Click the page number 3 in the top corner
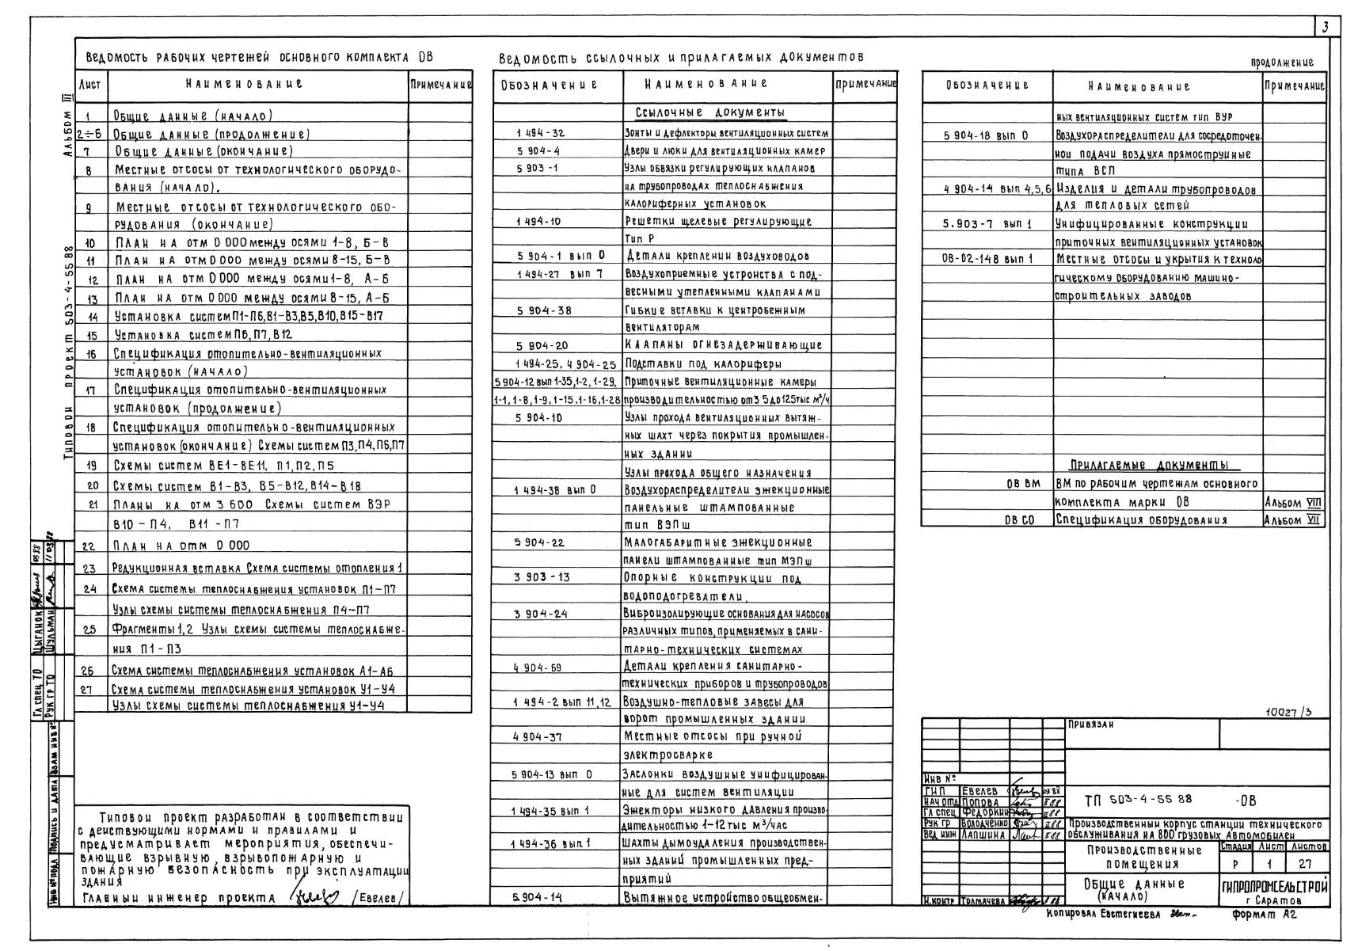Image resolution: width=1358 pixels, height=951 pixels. click(1325, 28)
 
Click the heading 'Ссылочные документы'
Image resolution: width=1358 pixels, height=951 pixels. click(709, 112)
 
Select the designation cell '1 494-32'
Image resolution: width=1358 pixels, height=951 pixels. click(540, 133)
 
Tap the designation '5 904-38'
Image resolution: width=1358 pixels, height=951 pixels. click(544, 310)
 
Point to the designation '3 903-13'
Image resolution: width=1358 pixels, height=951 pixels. click(542, 577)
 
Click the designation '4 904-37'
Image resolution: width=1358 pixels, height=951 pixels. click(538, 736)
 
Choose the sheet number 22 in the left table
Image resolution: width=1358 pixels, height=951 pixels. click(89, 546)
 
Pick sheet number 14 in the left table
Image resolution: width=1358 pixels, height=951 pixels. click(91, 317)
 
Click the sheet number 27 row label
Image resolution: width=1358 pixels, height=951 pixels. click(87, 690)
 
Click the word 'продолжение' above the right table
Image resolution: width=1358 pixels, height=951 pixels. click(1282, 63)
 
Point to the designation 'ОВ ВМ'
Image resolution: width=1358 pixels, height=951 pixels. click(1023, 483)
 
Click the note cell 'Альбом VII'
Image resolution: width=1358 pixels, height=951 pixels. click(1292, 520)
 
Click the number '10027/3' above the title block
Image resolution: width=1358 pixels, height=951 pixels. click(1288, 711)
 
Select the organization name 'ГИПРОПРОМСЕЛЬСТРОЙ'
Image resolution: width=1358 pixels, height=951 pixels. click(1275, 886)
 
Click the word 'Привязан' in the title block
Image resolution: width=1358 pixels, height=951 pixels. click(1091, 725)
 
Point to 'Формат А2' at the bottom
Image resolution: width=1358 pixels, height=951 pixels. click(1265, 914)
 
